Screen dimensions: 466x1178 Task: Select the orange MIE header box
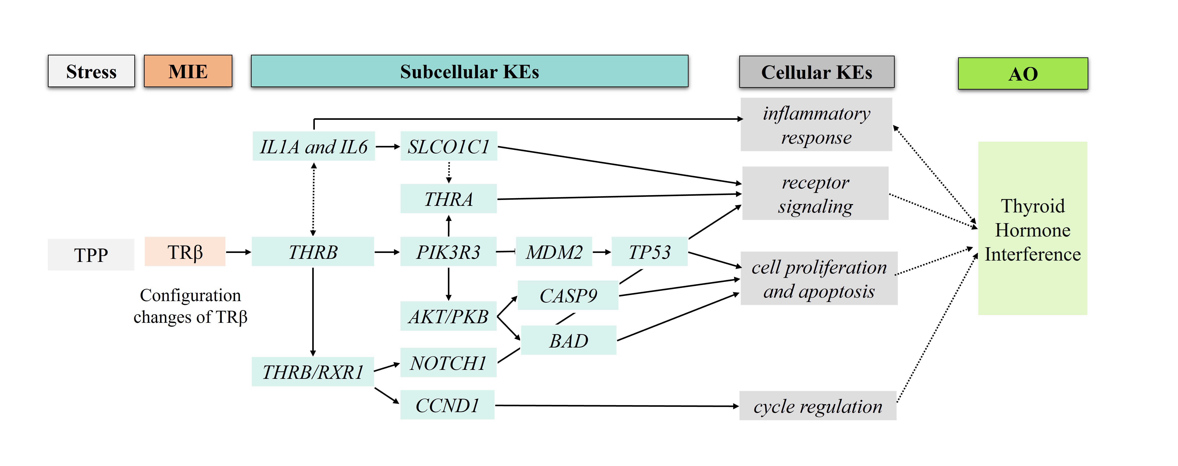188,71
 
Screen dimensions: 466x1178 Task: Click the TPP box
91,254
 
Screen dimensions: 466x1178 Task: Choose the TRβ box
185,252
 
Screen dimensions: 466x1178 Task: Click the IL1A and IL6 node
314,147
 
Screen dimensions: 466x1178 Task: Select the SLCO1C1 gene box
449,147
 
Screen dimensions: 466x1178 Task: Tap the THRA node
449,199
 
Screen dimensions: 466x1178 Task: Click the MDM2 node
554,252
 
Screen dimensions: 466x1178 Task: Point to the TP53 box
649,252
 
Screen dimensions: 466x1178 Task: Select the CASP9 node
568,295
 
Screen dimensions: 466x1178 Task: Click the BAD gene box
568,340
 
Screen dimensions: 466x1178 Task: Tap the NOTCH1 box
448,363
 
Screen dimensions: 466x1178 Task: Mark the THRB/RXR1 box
313,372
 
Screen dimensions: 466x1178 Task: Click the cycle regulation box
818,406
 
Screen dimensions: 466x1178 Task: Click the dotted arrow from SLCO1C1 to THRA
449,172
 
